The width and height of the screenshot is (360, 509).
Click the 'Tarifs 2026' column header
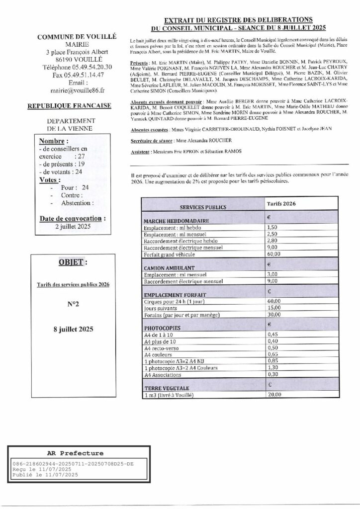click(x=280, y=204)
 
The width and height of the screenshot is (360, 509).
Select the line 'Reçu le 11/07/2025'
click(x=43, y=469)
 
